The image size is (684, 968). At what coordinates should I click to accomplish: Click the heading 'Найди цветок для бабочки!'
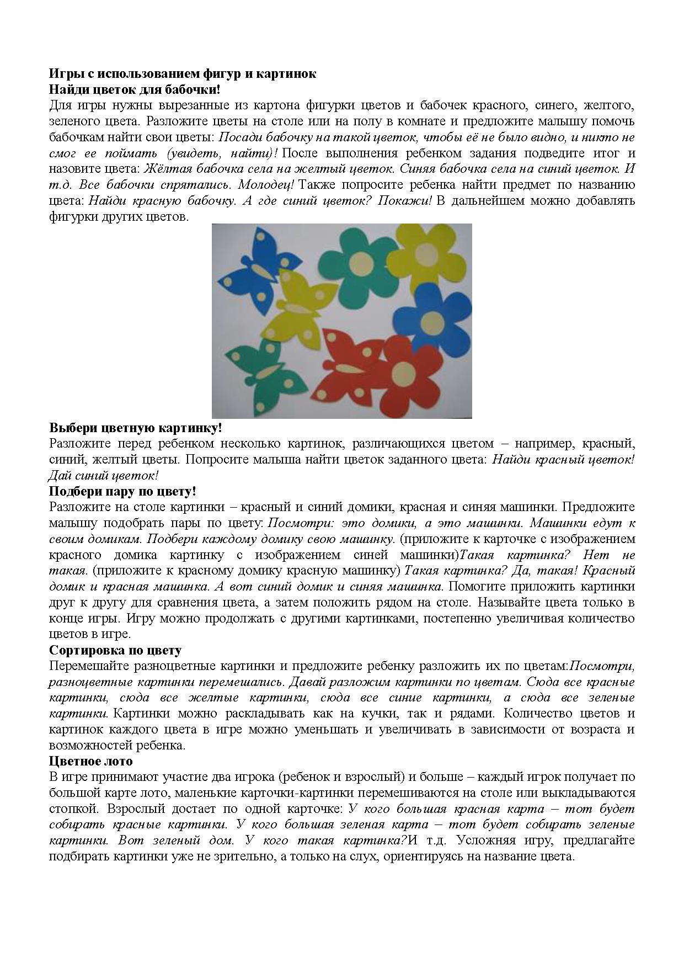135,89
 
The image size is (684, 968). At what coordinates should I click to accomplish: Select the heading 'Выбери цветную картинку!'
136,428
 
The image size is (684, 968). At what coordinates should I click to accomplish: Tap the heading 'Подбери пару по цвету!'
122,491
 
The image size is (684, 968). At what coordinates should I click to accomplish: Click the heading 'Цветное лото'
91,761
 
